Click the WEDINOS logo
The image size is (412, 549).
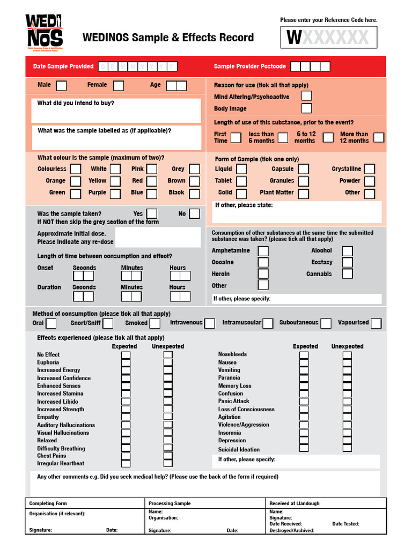(44, 32)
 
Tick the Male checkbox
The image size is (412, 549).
(62, 85)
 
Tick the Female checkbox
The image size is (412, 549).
(118, 85)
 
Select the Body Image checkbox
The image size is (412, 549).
(306, 108)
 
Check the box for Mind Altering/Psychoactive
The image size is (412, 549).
(306, 96)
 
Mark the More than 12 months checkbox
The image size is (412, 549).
(379, 137)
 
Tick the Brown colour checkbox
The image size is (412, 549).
(194, 181)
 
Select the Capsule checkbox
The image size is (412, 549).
(304, 169)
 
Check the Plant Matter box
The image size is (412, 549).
(304, 193)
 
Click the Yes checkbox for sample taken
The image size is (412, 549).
(152, 214)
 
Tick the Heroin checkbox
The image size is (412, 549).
(263, 274)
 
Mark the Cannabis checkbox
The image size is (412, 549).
(347, 274)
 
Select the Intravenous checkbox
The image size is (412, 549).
(209, 323)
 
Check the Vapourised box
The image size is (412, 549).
(376, 323)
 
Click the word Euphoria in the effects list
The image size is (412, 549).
(48, 362)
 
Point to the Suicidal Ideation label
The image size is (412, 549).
(239, 450)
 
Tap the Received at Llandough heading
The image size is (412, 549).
(294, 503)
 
